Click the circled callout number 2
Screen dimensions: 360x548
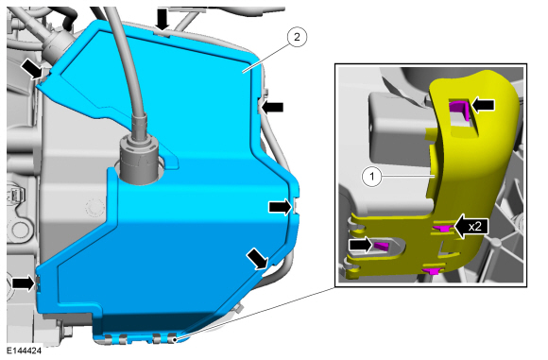[x=297, y=38]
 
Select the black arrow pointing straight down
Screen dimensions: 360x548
[x=164, y=18]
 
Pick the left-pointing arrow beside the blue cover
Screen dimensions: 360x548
[x=272, y=109]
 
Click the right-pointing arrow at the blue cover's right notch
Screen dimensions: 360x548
[x=281, y=206]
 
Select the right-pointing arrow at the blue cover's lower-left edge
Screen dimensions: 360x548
[x=23, y=282]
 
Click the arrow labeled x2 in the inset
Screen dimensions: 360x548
[x=470, y=226]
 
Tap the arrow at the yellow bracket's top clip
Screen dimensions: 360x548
[x=482, y=107]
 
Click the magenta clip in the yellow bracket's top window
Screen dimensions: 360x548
[x=458, y=110]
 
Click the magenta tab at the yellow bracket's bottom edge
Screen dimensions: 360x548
[x=432, y=271]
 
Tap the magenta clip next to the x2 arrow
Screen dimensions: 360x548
[x=439, y=229]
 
